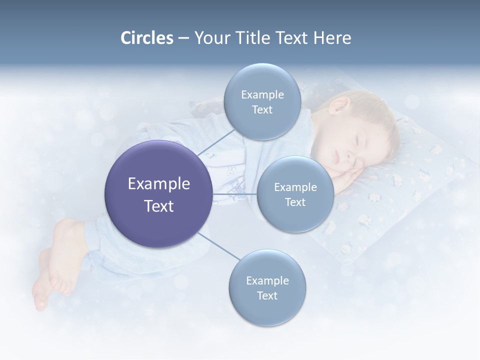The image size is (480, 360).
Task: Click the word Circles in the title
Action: pyautogui.click(x=146, y=38)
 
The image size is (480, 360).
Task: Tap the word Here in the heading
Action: pyautogui.click(x=332, y=38)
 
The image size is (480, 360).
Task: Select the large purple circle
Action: pyautogui.click(x=158, y=194)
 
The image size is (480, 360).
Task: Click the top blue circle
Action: pyautogui.click(x=262, y=101)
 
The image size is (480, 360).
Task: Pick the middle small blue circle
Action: pyautogui.click(x=295, y=194)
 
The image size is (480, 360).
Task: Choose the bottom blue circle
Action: pyautogui.click(x=267, y=288)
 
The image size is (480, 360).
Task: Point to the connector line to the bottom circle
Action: pyautogui.click(x=219, y=246)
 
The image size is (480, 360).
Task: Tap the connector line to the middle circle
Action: pyautogui.click(x=234, y=193)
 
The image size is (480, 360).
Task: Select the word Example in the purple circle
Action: pyautogui.click(x=158, y=184)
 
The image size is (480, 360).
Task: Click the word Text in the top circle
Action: pyautogui.click(x=262, y=110)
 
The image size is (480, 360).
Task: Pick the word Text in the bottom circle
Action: pyautogui.click(x=267, y=296)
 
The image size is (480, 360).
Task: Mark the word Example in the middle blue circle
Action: pyautogui.click(x=295, y=187)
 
